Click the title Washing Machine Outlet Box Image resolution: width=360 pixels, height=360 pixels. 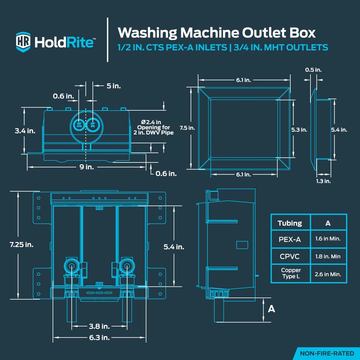point(216,32)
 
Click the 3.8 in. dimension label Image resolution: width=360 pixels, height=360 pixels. point(99,326)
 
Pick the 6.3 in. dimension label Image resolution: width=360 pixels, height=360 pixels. point(99,337)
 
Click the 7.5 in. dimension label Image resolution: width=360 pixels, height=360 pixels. point(189,128)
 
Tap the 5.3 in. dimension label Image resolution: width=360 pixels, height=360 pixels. point(299,130)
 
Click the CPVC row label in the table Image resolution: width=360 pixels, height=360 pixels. point(289,256)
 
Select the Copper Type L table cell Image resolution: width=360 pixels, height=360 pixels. point(289,274)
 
